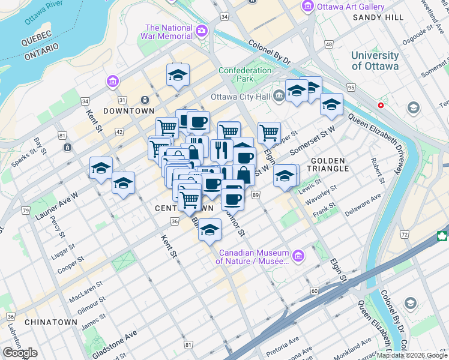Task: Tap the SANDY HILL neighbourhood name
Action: [378, 17]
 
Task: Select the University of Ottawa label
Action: [375, 61]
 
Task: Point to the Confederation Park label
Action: [245, 74]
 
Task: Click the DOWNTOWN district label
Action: [128, 111]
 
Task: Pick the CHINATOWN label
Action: [51, 322]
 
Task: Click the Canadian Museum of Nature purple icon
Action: [299, 256]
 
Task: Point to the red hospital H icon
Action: [381, 105]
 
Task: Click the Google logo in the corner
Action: [20, 353]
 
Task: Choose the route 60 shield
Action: [314, 291]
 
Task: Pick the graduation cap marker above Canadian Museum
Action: [209, 230]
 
